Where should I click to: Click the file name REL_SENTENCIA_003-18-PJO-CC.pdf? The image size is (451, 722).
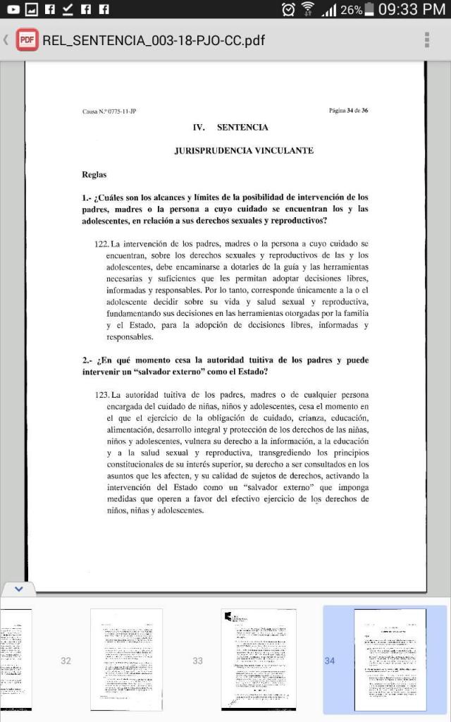(x=154, y=39)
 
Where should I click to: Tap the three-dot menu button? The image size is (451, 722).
(x=427, y=39)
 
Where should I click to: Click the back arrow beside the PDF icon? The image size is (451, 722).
(x=6, y=39)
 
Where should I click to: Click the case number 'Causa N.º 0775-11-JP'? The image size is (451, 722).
(x=109, y=111)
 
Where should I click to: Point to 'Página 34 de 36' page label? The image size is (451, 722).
(x=348, y=111)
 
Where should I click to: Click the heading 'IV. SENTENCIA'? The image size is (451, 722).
(x=230, y=128)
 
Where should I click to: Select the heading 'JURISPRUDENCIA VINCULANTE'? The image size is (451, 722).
(x=244, y=151)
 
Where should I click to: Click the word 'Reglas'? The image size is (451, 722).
(x=94, y=174)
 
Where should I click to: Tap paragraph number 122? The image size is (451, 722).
(x=101, y=244)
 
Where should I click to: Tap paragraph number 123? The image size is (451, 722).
(x=101, y=395)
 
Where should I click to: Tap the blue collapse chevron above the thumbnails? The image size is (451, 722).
(x=19, y=588)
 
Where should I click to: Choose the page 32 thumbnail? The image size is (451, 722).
(x=126, y=659)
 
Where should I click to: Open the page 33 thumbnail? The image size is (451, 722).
(x=258, y=659)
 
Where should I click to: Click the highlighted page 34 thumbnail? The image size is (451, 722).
(x=390, y=660)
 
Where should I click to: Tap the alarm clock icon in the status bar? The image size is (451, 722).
(x=288, y=10)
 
